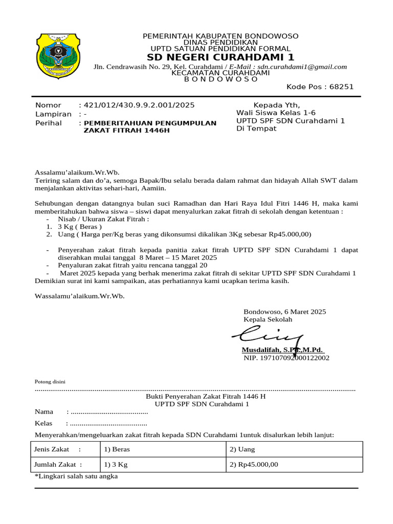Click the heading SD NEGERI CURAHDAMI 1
click(221, 57)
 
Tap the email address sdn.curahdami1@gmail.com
click(302, 67)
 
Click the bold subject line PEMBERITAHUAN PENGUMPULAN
click(150, 123)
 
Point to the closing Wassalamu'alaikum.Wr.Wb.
click(79, 296)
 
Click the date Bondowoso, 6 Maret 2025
click(285, 311)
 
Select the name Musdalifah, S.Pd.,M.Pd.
click(283, 350)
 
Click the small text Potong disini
click(50, 382)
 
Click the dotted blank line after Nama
click(109, 412)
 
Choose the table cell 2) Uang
click(242, 449)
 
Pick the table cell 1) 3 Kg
click(116, 465)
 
